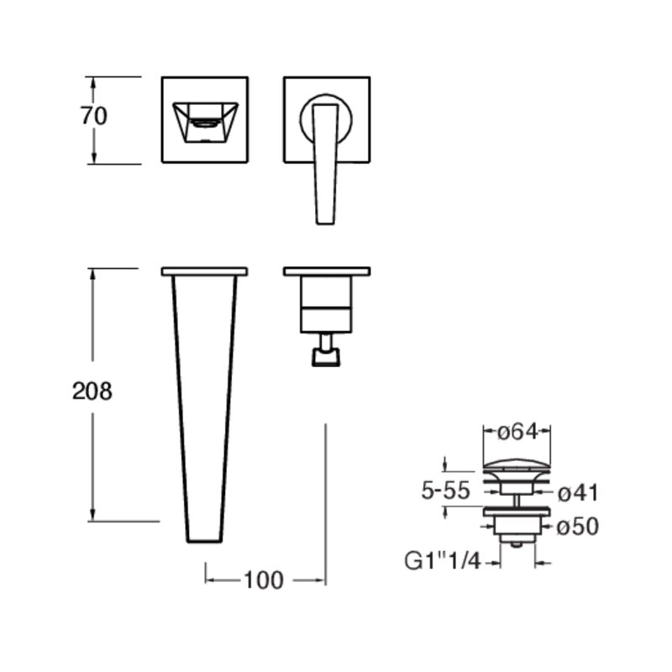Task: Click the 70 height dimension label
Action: click(94, 116)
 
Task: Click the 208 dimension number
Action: click(92, 391)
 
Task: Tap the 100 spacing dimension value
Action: click(264, 580)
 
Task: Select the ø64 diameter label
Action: click(517, 432)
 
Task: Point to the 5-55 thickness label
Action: click(446, 491)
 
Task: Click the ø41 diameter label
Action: click(578, 493)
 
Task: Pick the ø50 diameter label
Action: click(578, 527)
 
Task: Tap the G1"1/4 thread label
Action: click(443, 561)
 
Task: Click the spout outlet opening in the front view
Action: click(204, 123)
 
